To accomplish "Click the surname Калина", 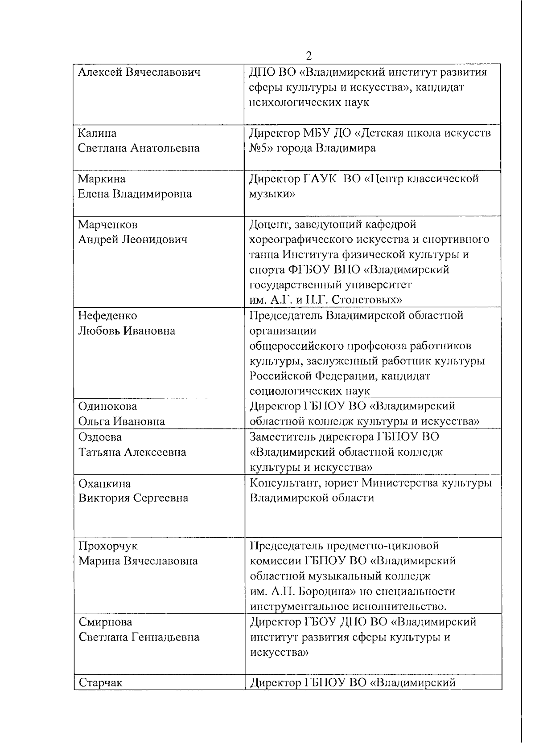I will (97, 133).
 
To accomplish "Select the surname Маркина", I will (102, 179).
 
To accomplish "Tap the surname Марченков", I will (108, 224).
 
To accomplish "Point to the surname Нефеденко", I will (107, 316).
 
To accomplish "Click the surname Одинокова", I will (107, 406).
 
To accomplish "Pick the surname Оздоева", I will (100, 437).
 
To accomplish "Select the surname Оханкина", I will (105, 483).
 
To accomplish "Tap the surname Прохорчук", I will (108, 546).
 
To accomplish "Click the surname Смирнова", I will (105, 622).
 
